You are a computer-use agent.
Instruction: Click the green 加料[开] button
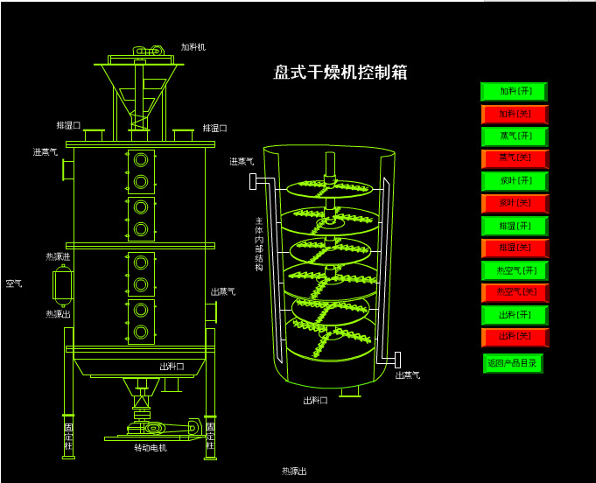[514, 91]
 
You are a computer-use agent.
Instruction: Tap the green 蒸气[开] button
[514, 136]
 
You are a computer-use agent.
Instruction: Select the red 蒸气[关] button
[514, 158]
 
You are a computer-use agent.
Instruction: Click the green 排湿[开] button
[514, 226]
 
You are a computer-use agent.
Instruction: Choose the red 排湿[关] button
[514, 248]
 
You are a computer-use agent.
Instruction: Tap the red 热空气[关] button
[514, 292]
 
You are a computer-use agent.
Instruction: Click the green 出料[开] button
[514, 315]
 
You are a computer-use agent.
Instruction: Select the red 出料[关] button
[514, 337]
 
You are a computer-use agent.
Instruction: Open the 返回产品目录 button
[512, 363]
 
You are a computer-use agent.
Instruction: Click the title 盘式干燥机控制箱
[340, 73]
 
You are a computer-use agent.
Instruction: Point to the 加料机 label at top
[193, 46]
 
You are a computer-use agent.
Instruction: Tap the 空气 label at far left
[14, 283]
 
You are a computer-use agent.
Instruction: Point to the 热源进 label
[58, 256]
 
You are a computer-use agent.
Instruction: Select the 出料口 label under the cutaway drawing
[315, 401]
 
